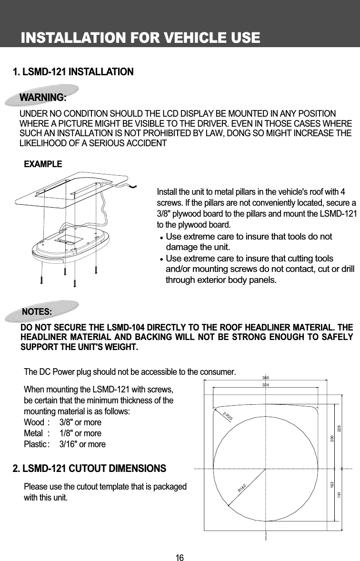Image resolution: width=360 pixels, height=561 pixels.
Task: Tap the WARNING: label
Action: tap(42, 98)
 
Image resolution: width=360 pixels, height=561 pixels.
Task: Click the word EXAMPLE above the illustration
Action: tap(43, 164)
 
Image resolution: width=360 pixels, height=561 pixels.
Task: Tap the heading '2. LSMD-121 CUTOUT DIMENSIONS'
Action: tap(89, 469)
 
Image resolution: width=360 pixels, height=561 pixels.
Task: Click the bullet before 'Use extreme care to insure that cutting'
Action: tap(162, 260)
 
